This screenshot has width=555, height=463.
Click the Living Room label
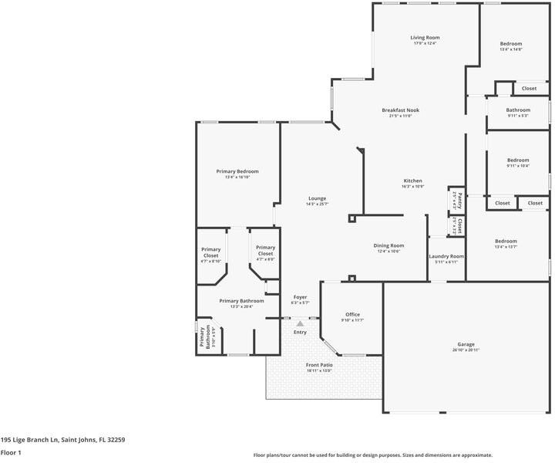tap(425, 37)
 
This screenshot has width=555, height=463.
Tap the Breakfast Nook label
tap(401, 110)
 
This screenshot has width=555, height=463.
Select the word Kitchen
tap(412, 181)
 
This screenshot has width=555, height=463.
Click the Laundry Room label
tap(446, 255)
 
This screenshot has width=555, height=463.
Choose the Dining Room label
tap(388, 245)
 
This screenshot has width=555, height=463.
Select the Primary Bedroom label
tap(237, 171)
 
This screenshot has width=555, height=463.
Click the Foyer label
tap(300, 296)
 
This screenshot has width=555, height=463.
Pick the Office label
tap(352, 314)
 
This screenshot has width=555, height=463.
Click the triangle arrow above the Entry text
tap(301, 324)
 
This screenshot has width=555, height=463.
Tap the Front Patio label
tap(318, 364)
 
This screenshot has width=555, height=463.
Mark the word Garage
tap(466, 344)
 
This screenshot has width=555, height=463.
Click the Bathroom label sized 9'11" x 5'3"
tap(518, 110)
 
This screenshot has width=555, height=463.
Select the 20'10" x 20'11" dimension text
tap(466, 350)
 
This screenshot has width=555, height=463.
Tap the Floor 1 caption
tap(12, 453)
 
